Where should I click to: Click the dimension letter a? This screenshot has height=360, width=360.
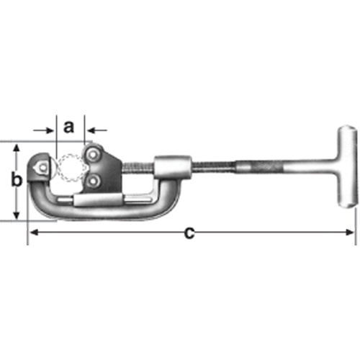[x=69, y=127]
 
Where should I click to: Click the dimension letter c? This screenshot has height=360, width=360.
[x=189, y=232]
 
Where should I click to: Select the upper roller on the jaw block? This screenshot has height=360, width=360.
[x=93, y=153]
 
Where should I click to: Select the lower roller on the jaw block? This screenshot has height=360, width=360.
[x=94, y=181]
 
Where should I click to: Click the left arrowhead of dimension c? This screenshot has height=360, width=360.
[x=32, y=233]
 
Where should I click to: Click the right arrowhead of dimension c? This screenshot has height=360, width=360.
[x=351, y=233]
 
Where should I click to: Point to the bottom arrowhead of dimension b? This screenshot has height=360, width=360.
[x=17, y=216]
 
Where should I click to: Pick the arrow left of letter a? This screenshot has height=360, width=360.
[x=49, y=132]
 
